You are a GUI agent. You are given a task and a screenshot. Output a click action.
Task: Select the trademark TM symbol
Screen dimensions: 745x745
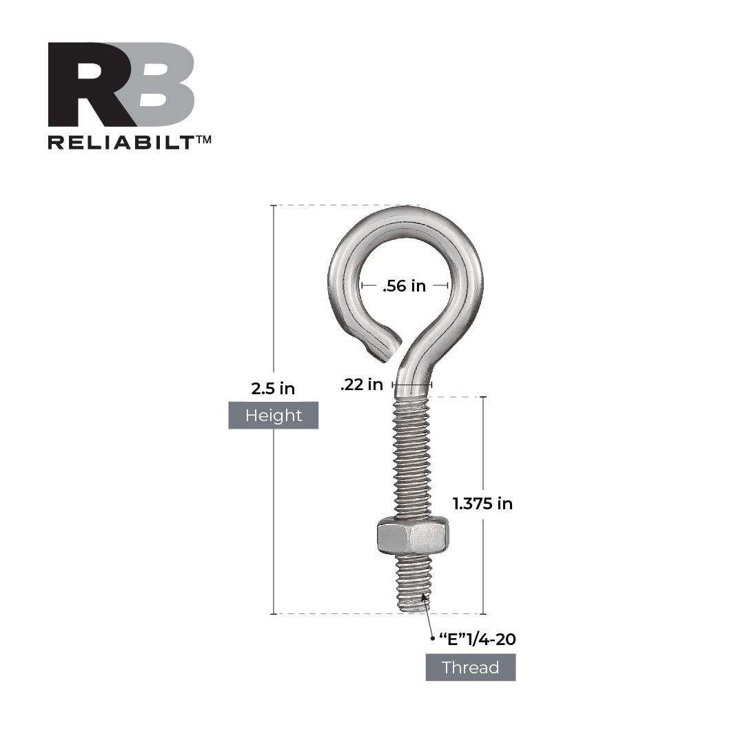click(204, 139)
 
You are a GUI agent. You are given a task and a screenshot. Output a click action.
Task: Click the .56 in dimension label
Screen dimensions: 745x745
click(405, 286)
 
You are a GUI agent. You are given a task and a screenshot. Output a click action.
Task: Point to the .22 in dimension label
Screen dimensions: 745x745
click(362, 385)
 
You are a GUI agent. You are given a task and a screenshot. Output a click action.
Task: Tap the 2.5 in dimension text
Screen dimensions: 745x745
click(273, 389)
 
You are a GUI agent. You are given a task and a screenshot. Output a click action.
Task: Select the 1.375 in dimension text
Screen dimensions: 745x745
click(482, 504)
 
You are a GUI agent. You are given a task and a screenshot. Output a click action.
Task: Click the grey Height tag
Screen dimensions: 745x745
click(274, 416)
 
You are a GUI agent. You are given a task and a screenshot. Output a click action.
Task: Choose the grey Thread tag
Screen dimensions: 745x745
click(471, 668)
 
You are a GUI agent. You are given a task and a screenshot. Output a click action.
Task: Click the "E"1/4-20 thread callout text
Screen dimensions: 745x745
click(478, 640)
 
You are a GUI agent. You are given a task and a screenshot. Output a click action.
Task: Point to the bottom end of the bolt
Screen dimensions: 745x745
click(414, 608)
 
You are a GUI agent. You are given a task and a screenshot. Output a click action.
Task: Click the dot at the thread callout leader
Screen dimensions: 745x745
click(432, 640)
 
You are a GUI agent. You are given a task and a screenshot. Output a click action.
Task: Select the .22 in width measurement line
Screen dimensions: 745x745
click(412, 385)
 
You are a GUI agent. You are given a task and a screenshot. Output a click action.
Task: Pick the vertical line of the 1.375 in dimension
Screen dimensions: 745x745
click(482, 448)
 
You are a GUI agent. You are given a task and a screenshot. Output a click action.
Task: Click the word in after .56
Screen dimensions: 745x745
click(418, 286)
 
